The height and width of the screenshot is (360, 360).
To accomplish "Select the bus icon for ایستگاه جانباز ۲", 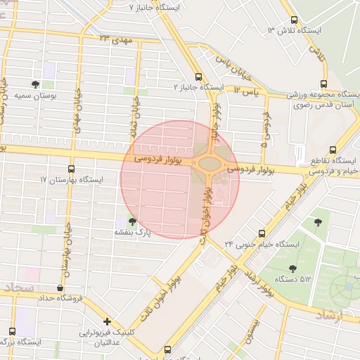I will (x=198, y=76).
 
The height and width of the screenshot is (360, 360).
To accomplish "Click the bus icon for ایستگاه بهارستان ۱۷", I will (x=71, y=169).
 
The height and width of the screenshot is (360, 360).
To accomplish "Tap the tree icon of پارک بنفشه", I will (x=132, y=221).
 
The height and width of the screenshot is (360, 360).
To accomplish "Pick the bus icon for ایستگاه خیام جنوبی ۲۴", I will (x=262, y=233).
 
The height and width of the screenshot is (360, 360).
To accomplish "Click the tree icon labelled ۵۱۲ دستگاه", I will (x=292, y=268).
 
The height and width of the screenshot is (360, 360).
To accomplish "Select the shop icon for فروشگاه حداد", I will (x=60, y=288).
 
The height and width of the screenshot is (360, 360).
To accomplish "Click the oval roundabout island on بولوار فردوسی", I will (x=210, y=164).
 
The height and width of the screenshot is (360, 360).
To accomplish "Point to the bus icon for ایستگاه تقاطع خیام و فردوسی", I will (x=333, y=150).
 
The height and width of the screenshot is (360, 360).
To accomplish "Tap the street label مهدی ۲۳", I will (x=116, y=39).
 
